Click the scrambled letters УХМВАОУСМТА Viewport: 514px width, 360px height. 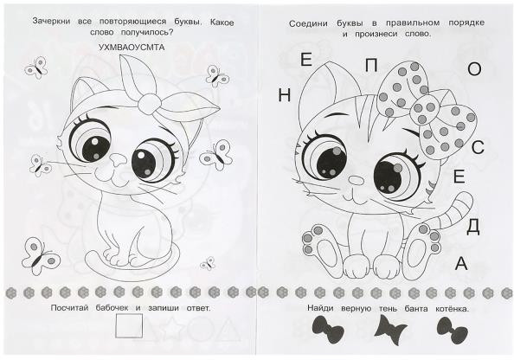click(132, 48)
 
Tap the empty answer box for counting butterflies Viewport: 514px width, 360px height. click(129, 326)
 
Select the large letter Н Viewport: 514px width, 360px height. click(284, 96)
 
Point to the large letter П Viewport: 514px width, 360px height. click(371, 66)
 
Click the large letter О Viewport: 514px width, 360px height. click(474, 69)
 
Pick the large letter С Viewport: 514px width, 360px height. click(478, 147)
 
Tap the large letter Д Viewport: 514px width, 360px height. click(472, 227)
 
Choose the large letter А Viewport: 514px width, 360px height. click(461, 263)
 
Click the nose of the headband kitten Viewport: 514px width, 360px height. click(118, 160)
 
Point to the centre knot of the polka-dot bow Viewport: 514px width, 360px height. click(423, 110)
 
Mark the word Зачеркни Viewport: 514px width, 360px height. click(51, 22)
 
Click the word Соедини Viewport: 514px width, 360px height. click(308, 23)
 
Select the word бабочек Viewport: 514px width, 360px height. click(112, 308)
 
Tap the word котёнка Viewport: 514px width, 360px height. click(452, 309)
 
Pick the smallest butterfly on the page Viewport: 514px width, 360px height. click(207, 263)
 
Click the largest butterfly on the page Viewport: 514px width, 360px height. click(40, 255)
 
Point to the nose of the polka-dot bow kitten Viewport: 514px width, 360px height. click(356, 180)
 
